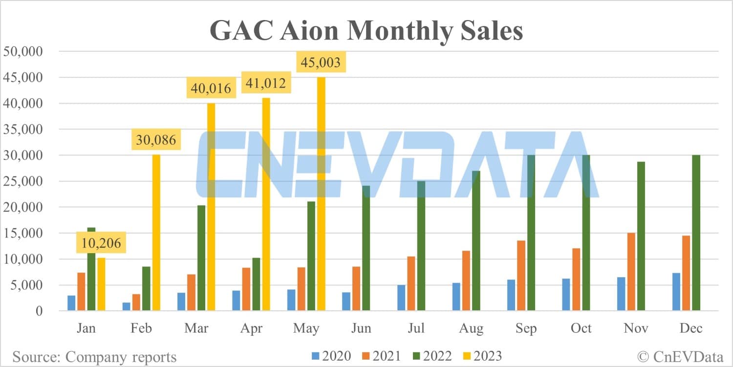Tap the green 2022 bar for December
click(x=696, y=233)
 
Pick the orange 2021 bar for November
click(x=631, y=272)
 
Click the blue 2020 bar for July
click(x=401, y=298)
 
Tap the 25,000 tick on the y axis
click(x=30, y=181)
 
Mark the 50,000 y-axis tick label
click(x=30, y=51)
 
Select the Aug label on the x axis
click(x=472, y=328)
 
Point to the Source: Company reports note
click(x=94, y=357)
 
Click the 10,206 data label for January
click(x=102, y=242)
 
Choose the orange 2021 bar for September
click(x=521, y=276)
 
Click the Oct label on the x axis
click(x=582, y=328)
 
